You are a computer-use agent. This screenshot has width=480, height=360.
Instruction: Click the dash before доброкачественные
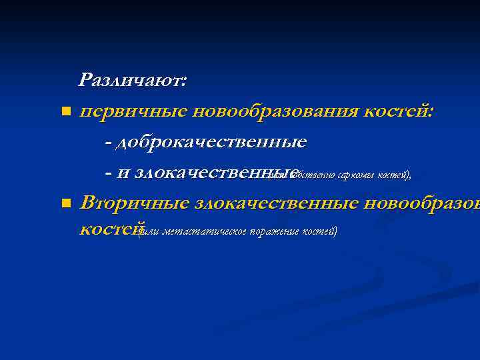109,142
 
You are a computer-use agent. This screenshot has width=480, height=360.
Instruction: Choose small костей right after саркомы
395,176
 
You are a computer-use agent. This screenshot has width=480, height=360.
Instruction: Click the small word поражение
275,232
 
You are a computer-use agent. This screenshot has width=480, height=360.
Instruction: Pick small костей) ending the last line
320,232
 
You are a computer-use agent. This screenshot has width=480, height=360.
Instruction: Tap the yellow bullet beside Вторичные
65,203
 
